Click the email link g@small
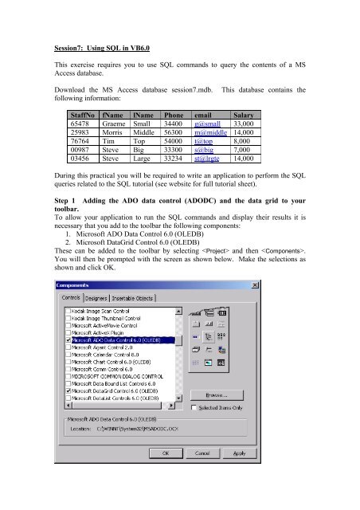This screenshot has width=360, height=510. pyautogui.click(x=209, y=125)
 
